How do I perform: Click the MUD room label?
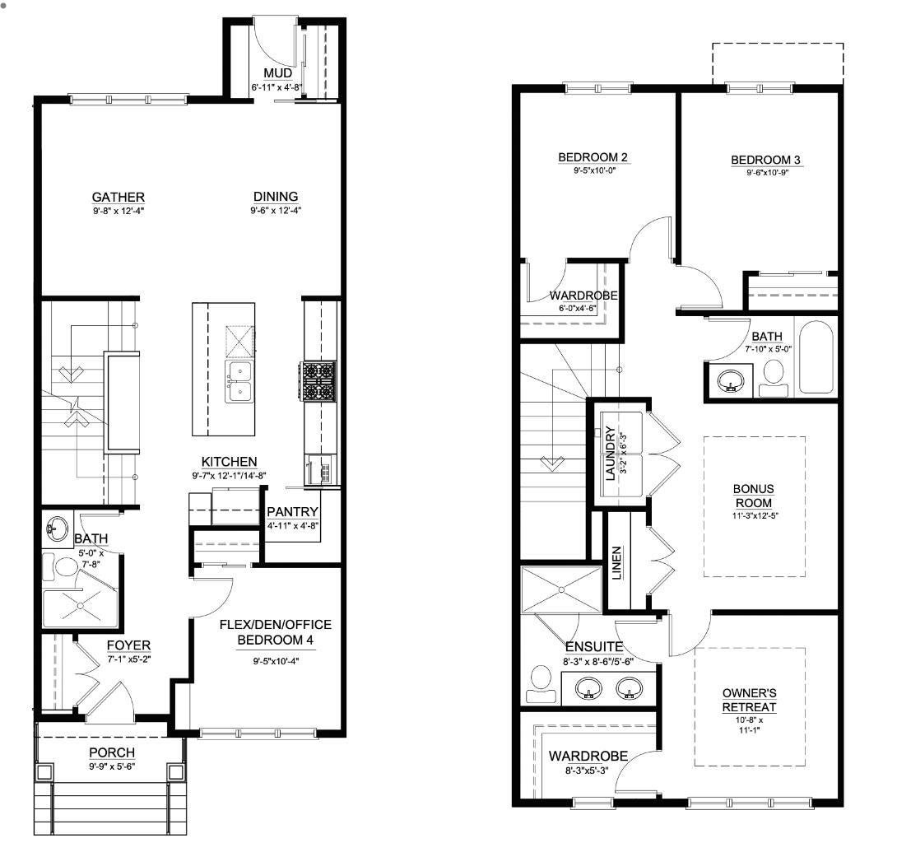click(x=277, y=73)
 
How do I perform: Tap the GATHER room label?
click(x=119, y=197)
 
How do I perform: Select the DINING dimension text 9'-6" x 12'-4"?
click(x=276, y=211)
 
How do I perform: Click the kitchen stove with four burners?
click(x=318, y=381)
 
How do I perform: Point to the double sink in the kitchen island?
click(x=239, y=381)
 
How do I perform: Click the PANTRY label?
click(x=292, y=511)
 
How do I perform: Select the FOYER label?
click(x=128, y=645)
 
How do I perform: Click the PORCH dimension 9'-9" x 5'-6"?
click(x=112, y=766)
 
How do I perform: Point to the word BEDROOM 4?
click(x=275, y=640)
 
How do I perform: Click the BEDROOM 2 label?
click(x=593, y=157)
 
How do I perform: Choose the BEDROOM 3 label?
click(x=765, y=160)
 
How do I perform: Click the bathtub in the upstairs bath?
click(x=816, y=357)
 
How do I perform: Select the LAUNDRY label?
click(x=610, y=454)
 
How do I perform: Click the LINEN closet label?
click(x=616, y=563)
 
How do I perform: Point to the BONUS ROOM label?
click(x=754, y=496)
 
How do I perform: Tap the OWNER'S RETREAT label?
click(x=750, y=700)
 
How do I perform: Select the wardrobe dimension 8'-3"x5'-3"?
click(x=587, y=771)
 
